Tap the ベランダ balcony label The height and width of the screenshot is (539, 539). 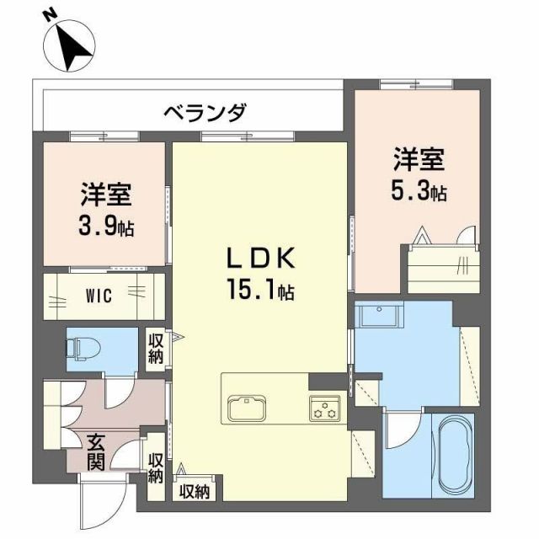point(205,112)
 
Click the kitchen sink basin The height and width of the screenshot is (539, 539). point(248,408)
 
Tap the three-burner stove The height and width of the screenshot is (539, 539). point(323,408)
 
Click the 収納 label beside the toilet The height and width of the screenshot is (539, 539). point(157,347)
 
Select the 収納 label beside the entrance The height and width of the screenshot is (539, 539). point(155,468)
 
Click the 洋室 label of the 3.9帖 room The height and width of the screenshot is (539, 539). point(105,194)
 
